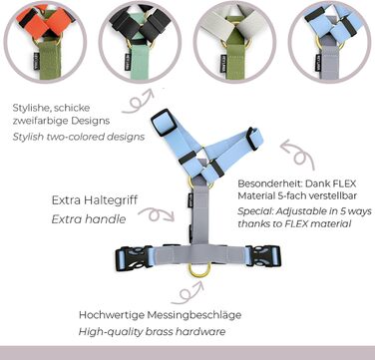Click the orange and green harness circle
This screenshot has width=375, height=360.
point(45,42)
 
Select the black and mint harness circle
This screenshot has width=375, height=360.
point(140,42)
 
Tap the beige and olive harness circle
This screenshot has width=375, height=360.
point(234,42)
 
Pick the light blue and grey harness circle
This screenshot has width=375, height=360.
point(329,42)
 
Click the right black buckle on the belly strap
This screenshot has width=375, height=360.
point(263,256)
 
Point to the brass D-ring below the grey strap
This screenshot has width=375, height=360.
point(199,270)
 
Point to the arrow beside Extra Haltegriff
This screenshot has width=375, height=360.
point(157,214)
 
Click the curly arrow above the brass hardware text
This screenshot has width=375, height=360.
point(187,293)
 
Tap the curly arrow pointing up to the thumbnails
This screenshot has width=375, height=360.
point(138,101)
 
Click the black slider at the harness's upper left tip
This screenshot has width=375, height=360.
point(164,122)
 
